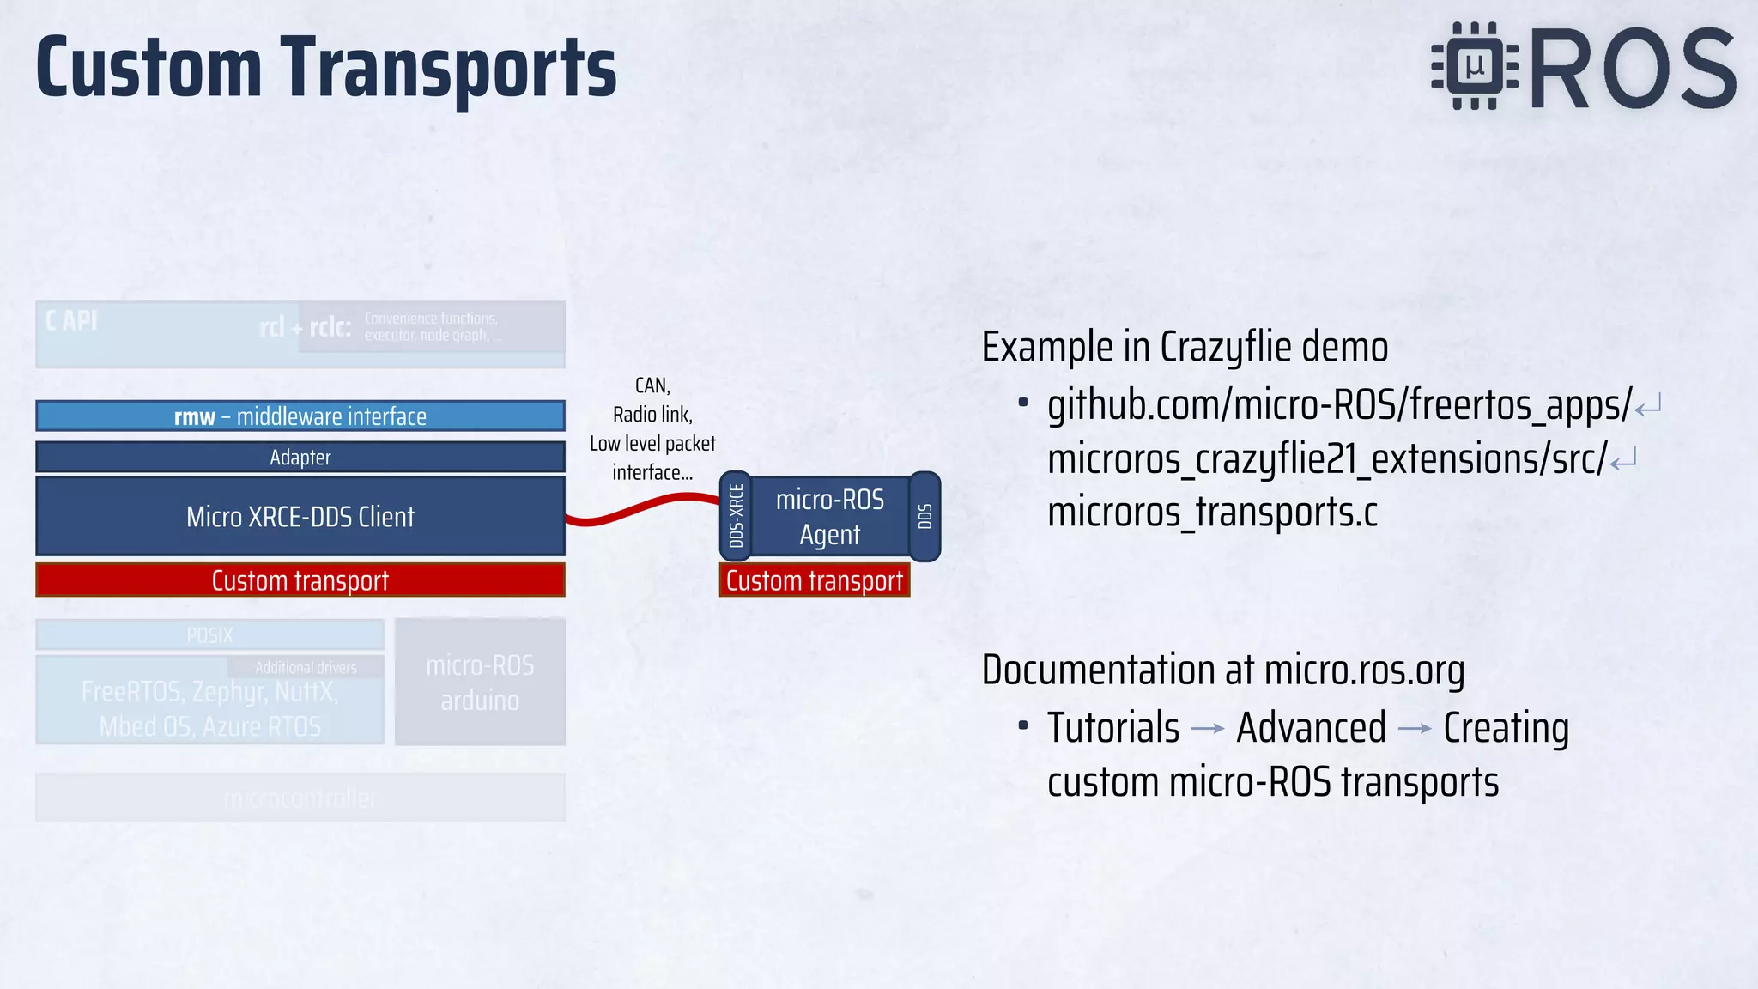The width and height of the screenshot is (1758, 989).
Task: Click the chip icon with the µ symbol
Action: [x=1475, y=66]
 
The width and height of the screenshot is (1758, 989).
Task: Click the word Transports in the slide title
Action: [x=448, y=69]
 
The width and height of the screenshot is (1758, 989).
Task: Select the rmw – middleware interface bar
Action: [x=300, y=416]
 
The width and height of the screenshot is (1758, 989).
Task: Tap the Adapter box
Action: [x=300, y=457]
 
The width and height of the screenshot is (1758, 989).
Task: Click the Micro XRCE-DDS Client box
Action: [x=300, y=516]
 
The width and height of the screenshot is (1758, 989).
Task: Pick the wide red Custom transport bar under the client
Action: [x=300, y=580]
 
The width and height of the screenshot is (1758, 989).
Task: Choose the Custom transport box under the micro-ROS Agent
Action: [x=814, y=580]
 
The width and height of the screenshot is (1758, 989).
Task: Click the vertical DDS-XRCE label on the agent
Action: [x=736, y=516]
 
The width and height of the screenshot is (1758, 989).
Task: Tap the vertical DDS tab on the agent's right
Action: [x=924, y=516]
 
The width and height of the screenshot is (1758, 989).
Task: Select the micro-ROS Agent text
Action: [x=829, y=516]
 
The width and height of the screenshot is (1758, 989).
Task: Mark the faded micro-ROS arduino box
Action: [x=480, y=682]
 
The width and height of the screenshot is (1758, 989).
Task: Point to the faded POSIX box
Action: [x=209, y=634]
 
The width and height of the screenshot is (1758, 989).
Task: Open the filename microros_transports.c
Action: [x=1212, y=513]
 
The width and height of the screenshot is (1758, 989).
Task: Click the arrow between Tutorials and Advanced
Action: [x=1208, y=729]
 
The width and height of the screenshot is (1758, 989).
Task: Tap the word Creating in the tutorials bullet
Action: [x=1506, y=728]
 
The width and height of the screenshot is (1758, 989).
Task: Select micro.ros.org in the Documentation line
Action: [x=1364, y=670]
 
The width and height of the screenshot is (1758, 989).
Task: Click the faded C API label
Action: [x=71, y=321]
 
